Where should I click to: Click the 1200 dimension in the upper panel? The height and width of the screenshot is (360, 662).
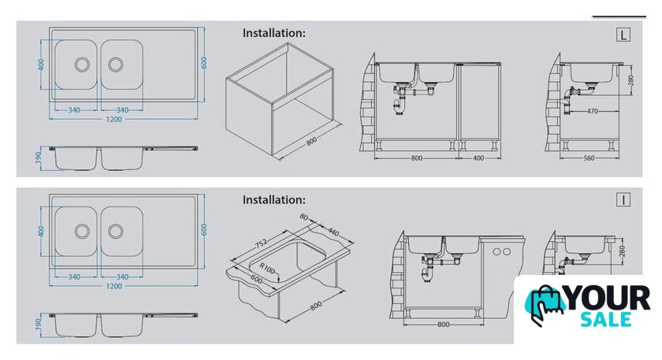[113, 120]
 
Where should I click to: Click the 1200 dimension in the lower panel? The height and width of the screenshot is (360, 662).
[113, 286]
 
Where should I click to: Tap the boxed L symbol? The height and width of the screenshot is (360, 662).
[623, 35]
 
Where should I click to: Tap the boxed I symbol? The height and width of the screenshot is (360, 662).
[623, 199]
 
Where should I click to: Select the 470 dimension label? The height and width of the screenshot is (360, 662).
[592, 111]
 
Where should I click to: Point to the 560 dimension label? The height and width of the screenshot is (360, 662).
[589, 158]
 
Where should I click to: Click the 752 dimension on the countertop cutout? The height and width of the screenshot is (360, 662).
[261, 243]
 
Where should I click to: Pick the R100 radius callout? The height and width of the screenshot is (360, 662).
[267, 269]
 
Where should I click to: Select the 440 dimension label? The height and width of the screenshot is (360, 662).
[333, 232]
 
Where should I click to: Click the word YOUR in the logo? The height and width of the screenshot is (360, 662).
[607, 298]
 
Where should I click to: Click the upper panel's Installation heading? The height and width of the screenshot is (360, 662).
[273, 33]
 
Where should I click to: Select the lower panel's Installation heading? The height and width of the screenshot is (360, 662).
[273, 199]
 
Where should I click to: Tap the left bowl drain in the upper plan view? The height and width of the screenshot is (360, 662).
[82, 65]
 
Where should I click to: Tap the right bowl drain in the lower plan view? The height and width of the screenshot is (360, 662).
[116, 232]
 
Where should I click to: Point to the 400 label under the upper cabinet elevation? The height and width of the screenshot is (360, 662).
[478, 158]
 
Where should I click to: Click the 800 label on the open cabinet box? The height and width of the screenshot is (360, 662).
[311, 141]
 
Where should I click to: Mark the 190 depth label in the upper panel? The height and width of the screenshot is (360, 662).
[39, 158]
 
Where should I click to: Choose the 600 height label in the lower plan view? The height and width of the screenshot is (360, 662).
[204, 230]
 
